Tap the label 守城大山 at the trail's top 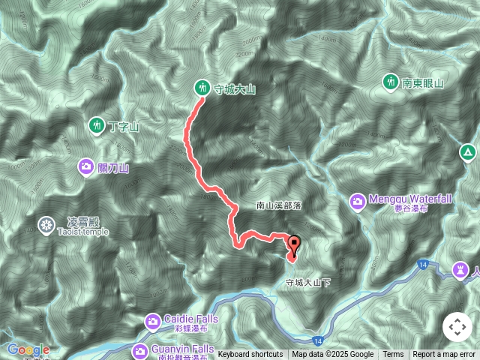point(235,89)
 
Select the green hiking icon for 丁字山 point(96,124)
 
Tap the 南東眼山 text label point(424,83)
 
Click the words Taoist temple point(82,232)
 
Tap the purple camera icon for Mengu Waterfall point(357,200)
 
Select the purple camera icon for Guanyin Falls point(140,349)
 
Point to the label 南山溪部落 point(278,205)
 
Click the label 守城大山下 point(307,283)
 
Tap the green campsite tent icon point(468,154)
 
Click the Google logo point(28,349)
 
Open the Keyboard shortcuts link point(250,355)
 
